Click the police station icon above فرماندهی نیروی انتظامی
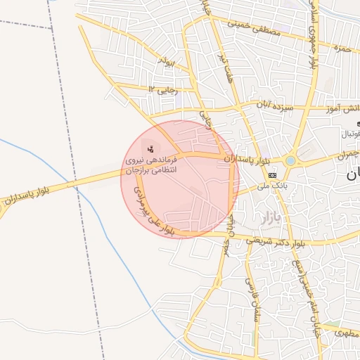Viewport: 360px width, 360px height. [x=150, y=148]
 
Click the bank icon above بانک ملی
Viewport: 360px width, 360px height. [x=272, y=174]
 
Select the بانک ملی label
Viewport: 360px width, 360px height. [x=271, y=186]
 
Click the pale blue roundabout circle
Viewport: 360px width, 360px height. [x=290, y=161]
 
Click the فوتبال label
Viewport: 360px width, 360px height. [x=349, y=133]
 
